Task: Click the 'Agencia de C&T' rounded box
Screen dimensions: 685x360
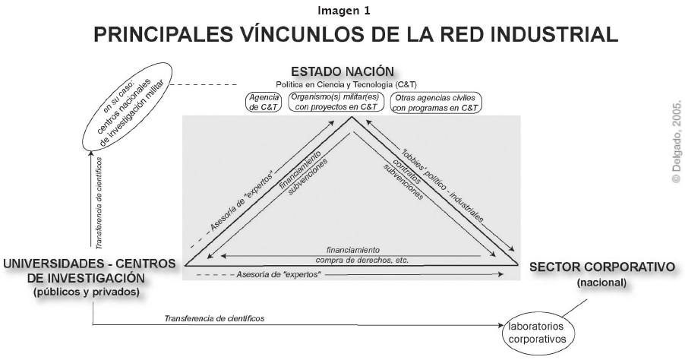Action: click(265, 103)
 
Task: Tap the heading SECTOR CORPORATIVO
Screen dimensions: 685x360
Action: click(602, 267)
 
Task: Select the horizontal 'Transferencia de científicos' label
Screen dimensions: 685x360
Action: click(215, 318)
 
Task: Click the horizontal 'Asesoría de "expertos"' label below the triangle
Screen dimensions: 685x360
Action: click(279, 273)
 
